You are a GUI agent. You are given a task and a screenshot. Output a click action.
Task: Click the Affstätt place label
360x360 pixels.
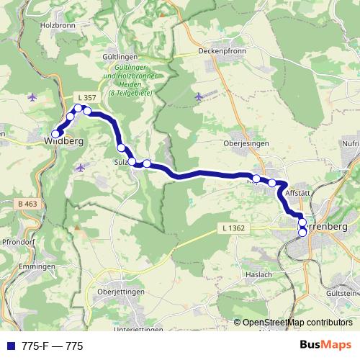point(297,194)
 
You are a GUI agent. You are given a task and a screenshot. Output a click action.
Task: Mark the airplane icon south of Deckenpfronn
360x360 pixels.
point(199,96)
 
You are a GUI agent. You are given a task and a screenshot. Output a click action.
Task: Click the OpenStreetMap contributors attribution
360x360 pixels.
point(297,323)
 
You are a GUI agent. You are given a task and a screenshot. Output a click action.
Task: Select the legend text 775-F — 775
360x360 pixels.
point(53,346)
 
